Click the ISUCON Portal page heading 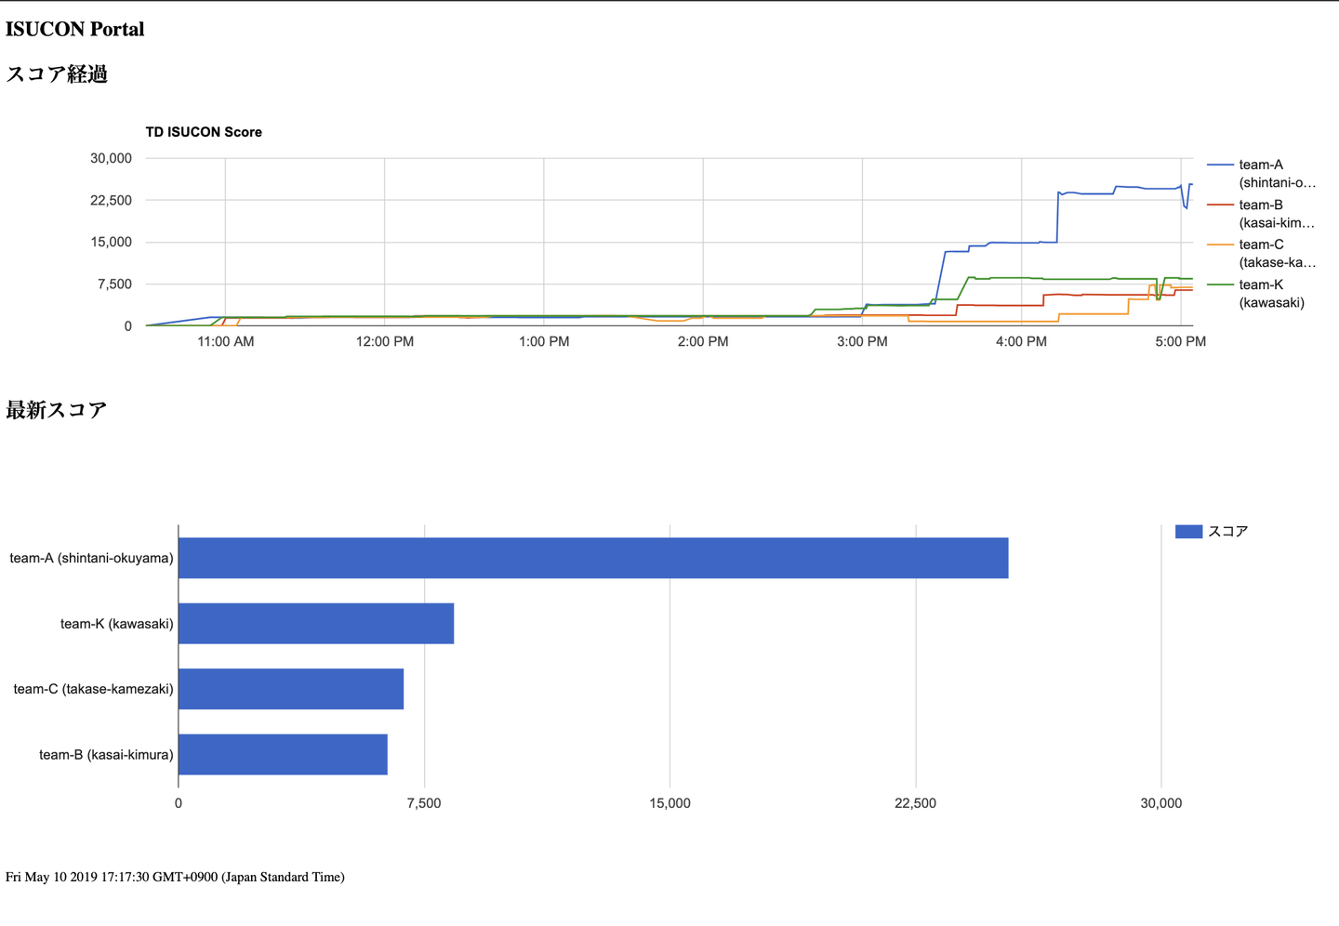74,29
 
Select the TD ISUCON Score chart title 204,132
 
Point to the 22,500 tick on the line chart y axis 111,200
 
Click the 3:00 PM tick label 862,341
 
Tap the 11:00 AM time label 225,341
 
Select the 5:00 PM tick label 1180,341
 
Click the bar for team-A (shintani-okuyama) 593,558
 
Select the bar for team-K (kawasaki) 316,623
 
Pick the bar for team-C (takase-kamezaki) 291,689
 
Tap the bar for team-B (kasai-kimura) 283,754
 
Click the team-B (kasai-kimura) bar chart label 106,754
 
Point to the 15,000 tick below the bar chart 669,803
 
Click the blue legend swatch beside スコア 1188,532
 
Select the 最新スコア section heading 56,410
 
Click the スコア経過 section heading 57,74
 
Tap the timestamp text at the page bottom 175,877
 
